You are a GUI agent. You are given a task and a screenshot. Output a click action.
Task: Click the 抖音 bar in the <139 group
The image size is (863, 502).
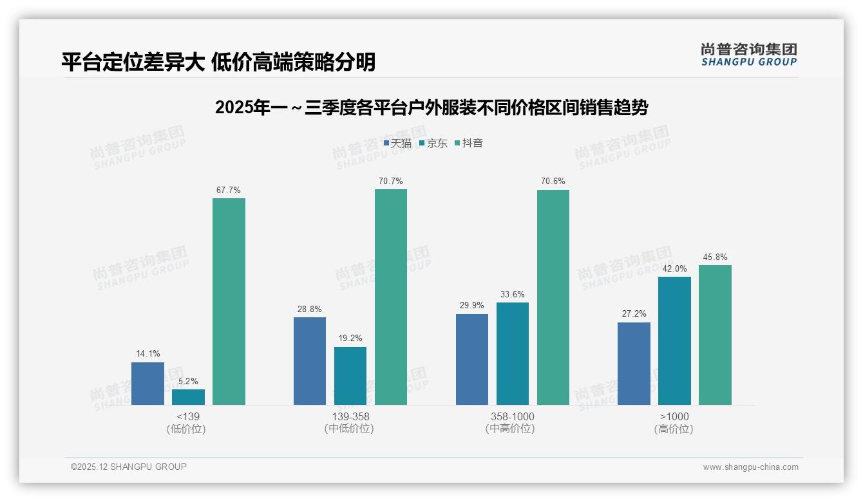point(229,301)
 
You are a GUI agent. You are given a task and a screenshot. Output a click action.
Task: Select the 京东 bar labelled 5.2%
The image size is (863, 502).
point(188,397)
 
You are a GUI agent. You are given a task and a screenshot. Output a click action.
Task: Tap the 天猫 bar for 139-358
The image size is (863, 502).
point(310,361)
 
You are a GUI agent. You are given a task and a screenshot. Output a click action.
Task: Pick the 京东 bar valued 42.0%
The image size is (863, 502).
point(674,340)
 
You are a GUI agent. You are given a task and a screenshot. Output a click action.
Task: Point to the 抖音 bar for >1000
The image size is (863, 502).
point(715,335)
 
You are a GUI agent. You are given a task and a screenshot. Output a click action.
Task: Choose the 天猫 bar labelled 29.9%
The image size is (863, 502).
point(472,359)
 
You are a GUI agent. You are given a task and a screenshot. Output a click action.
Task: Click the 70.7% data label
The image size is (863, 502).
point(391,181)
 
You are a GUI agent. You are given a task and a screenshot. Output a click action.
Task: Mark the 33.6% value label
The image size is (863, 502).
point(513,295)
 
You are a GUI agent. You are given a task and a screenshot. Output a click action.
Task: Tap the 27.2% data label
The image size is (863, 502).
point(634,314)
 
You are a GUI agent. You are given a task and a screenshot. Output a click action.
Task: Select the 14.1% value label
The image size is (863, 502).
point(147,354)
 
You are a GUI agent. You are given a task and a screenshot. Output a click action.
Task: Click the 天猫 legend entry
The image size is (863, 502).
point(397,144)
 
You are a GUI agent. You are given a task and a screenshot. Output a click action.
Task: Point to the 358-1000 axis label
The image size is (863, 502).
point(513,416)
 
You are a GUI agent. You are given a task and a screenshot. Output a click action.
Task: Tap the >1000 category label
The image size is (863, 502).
point(674,416)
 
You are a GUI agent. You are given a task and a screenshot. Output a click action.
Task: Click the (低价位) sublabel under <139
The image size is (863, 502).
point(186,429)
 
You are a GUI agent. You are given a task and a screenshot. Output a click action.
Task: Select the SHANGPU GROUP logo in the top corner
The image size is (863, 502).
point(748,55)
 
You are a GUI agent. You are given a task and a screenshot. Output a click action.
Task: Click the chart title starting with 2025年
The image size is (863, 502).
point(431,107)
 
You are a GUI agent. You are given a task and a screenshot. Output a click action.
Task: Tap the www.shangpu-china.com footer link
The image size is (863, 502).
point(750,467)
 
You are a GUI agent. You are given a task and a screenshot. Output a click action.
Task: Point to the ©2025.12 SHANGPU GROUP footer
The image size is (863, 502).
point(129,467)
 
